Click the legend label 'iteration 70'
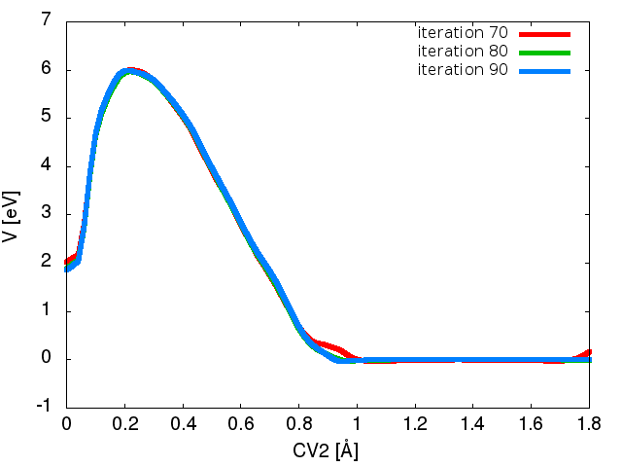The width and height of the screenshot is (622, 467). [462, 34]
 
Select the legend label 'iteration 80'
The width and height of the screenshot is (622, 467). [462, 52]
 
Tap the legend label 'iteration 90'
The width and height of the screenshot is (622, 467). [462, 70]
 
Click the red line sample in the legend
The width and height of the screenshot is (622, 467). [542, 34]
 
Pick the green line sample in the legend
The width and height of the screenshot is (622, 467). [542, 52]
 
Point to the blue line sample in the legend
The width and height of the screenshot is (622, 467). [542, 70]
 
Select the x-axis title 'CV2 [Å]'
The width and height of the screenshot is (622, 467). [328, 450]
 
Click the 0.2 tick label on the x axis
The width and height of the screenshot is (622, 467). [124, 425]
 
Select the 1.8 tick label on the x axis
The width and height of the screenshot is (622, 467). [590, 425]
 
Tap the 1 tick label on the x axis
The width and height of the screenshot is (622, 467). [357, 425]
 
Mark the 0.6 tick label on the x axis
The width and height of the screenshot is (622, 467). [241, 425]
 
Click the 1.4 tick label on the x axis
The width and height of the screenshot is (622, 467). [473, 425]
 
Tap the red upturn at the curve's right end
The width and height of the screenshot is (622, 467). [587, 354]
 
